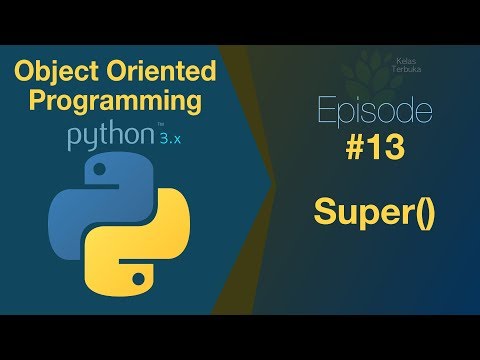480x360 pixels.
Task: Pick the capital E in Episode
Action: coord(321,109)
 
